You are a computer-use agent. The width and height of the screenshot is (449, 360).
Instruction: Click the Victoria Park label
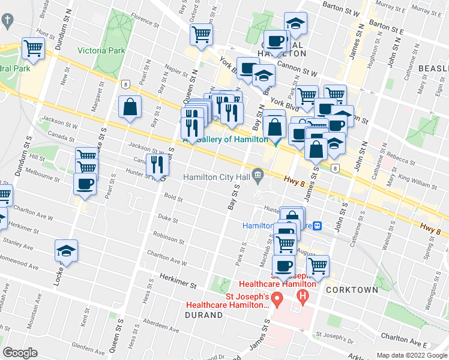click(101, 50)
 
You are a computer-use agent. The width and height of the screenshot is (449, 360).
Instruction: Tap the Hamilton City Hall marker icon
click(258, 174)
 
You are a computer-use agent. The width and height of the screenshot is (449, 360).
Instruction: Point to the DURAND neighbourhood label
click(203, 314)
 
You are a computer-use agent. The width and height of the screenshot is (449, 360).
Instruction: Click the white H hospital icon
click(303, 296)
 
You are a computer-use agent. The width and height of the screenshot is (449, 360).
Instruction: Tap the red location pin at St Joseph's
click(277, 298)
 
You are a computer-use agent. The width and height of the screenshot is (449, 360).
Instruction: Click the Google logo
click(20, 353)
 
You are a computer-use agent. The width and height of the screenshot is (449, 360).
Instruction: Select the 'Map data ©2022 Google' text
click(411, 355)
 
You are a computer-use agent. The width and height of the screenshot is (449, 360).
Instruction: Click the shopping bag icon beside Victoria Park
click(130, 107)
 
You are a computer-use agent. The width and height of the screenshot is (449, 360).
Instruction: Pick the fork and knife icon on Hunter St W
click(157, 164)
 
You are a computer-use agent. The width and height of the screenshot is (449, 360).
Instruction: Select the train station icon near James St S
click(318, 226)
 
